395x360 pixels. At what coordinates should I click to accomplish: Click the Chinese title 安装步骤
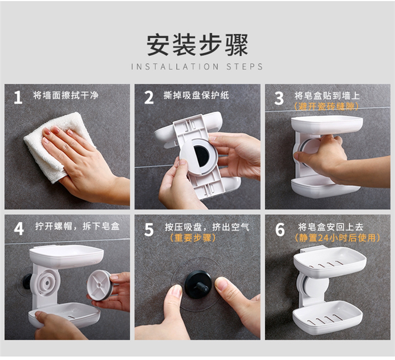click(197, 45)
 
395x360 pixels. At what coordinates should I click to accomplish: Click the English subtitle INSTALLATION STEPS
click(197, 67)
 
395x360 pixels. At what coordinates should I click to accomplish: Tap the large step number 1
click(18, 98)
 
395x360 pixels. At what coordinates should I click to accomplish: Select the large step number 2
click(149, 98)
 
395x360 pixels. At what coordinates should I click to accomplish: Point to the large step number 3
click(279, 98)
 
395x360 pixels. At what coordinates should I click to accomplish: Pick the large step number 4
click(19, 229)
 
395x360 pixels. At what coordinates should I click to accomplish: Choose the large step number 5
click(149, 229)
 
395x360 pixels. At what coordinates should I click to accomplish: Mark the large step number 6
click(280, 229)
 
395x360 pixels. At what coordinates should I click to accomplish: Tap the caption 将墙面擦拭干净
click(66, 96)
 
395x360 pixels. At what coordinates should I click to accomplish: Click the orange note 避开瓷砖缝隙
click(327, 106)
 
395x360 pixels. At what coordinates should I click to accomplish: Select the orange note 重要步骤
click(193, 238)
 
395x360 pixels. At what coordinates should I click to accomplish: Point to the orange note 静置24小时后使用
click(337, 238)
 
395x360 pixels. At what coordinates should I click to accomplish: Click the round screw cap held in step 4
click(99, 285)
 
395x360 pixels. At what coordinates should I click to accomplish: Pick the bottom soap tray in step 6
click(328, 317)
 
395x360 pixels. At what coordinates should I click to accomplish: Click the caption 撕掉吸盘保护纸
click(196, 96)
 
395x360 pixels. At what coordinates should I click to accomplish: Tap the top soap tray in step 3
click(327, 125)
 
